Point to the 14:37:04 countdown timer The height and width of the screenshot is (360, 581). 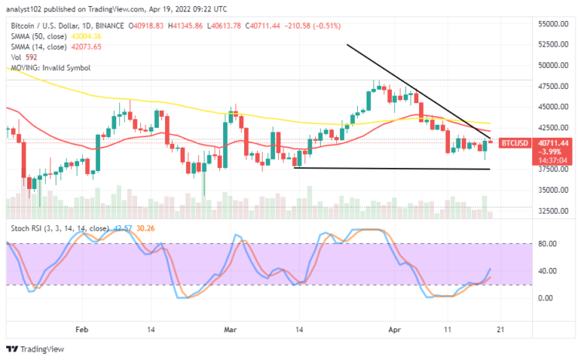pos(514,161)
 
